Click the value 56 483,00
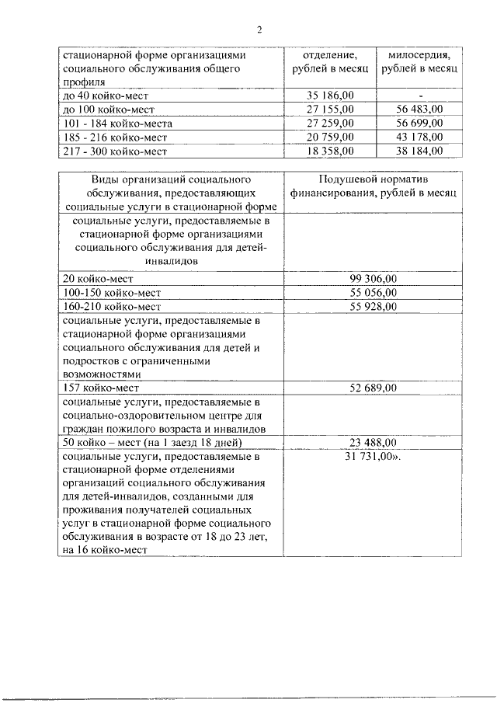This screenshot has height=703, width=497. tap(419, 109)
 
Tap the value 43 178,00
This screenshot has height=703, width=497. tap(419, 137)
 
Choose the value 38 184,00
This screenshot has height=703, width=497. tap(419, 151)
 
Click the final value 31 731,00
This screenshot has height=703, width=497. tap(372, 458)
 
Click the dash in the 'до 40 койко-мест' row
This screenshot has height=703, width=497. tap(419, 95)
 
